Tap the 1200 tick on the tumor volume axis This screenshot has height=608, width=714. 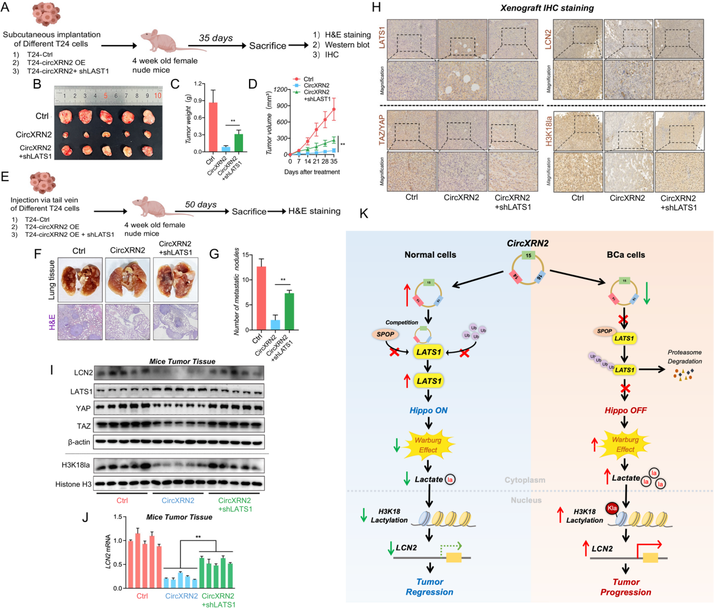[281, 90]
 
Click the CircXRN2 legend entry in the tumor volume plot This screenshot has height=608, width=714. [316, 86]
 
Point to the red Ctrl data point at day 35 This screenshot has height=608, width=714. [334, 109]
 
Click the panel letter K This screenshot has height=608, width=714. [363, 214]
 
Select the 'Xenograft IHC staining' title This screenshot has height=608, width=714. [547, 8]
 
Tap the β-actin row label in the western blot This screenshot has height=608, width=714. [79, 442]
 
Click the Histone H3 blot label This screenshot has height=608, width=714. [73, 484]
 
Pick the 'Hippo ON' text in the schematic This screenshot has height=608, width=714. [428, 411]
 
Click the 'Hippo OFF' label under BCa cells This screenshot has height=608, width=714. [626, 411]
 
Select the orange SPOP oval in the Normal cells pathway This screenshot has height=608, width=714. [385, 334]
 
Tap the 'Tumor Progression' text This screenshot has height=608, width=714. [626, 587]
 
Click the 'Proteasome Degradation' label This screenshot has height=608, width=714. [685, 356]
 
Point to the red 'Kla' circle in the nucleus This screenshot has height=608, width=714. [612, 508]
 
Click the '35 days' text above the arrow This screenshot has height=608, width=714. [216, 38]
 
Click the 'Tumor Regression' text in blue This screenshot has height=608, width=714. [429, 587]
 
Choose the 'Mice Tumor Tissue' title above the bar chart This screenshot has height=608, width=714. [179, 517]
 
